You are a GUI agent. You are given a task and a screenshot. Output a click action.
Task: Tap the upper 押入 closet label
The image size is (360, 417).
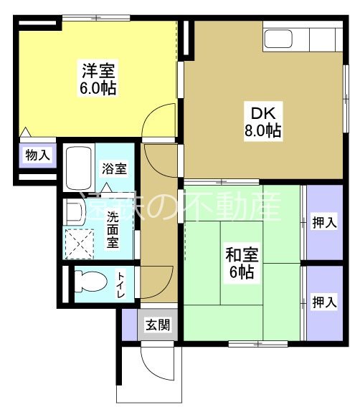click(324, 224)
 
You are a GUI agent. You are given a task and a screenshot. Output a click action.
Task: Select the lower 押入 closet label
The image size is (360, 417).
click(324, 302)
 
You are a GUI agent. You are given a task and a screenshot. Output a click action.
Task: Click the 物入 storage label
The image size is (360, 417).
click(37, 155)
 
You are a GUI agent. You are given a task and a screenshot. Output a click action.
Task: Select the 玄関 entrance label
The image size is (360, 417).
click(158, 325)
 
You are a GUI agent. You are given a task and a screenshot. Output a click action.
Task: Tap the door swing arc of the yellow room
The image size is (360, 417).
click(159, 118)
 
